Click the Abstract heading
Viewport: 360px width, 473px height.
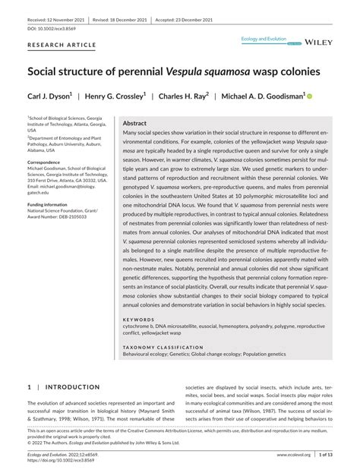(x=135, y=122)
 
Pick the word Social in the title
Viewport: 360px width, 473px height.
(x=47, y=74)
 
